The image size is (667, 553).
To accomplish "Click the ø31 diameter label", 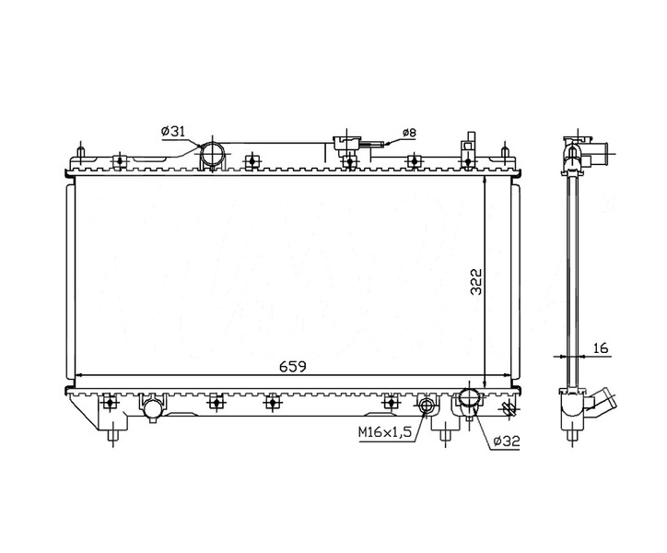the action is [173, 132].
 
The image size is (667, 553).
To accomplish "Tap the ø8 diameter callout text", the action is [409, 133].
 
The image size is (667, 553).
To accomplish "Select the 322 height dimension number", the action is [476, 281].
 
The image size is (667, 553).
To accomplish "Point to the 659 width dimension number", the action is [293, 366].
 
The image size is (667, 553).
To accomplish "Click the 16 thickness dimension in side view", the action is [601, 347].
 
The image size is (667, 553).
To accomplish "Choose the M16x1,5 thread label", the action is [385, 432].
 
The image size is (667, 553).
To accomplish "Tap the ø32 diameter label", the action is [507, 441].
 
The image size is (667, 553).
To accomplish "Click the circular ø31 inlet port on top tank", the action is [212, 154].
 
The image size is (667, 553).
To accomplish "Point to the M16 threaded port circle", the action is [427, 405].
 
